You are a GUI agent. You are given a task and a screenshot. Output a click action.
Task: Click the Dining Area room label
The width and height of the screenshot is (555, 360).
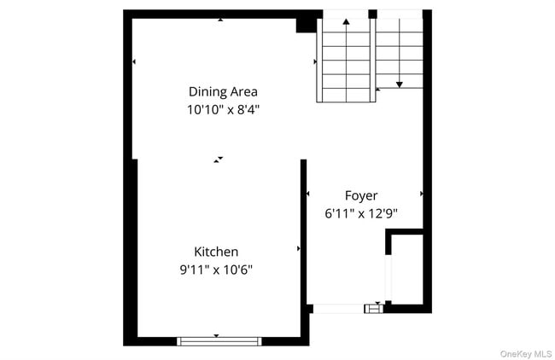click(223, 91)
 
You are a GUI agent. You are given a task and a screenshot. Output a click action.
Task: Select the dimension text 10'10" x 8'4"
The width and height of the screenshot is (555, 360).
click(223, 109)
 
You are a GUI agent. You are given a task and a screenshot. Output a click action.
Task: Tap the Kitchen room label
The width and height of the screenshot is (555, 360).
click(216, 252)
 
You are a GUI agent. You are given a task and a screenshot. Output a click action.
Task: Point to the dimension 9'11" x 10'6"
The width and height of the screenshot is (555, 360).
click(216, 270)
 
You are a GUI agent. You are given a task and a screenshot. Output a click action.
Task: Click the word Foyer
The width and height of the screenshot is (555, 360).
click(361, 195)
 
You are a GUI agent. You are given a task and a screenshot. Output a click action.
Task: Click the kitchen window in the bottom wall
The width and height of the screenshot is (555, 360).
click(219, 341)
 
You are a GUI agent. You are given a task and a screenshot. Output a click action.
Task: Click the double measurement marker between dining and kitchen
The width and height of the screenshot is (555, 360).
click(219, 159)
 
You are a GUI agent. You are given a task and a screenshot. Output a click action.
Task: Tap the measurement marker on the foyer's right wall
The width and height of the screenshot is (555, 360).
click(422, 195)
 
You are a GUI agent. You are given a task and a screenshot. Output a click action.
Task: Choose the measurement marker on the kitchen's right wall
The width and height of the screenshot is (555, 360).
click(298, 248)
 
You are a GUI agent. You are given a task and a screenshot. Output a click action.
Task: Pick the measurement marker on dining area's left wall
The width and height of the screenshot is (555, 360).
click(134, 61)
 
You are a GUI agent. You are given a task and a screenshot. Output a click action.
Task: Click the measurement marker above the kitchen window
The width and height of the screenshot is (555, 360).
click(216, 335)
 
